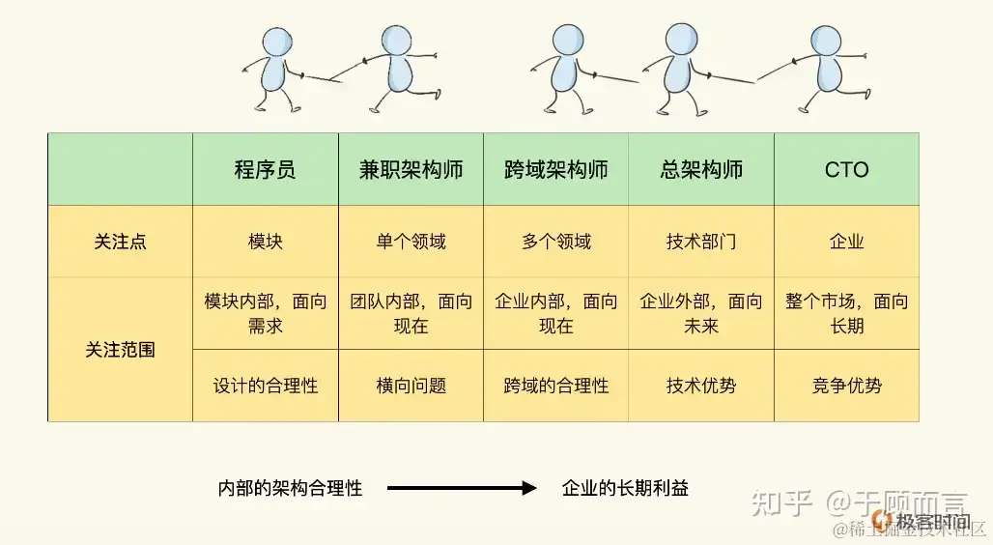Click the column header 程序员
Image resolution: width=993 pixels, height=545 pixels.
265,170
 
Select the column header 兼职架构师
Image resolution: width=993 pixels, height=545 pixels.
411,170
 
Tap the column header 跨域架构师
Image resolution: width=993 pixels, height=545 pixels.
555,170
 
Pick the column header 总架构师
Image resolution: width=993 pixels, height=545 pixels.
701,170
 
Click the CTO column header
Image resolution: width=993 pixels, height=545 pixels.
846,170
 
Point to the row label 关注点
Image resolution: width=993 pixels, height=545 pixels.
120,242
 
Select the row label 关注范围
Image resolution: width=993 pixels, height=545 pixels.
120,350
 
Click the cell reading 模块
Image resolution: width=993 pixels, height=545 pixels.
265,242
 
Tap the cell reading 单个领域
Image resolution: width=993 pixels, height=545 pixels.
411,242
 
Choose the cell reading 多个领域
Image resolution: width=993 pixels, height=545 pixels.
555,242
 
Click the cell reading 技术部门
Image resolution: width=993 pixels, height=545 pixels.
701,242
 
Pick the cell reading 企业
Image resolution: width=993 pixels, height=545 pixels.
846,242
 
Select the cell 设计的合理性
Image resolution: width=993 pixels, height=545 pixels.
265,386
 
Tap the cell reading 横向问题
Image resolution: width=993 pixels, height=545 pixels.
411,386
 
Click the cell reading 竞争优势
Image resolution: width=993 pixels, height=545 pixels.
846,386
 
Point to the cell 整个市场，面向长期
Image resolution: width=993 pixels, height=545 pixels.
846,313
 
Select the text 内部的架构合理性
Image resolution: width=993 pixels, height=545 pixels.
290,489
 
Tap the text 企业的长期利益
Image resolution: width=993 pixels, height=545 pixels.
625,489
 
